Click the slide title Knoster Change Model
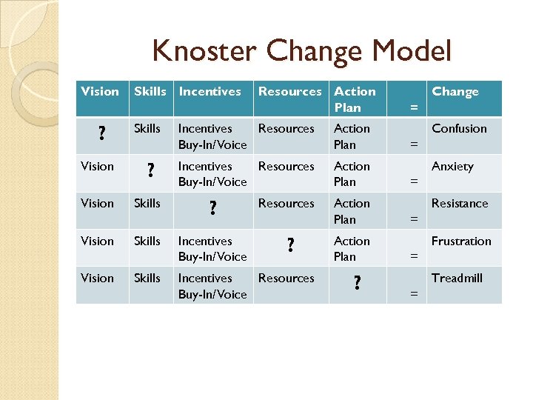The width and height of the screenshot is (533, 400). [301, 52]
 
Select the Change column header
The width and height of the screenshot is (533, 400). [455, 92]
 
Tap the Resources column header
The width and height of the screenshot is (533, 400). [289, 92]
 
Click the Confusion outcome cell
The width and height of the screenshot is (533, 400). [459, 129]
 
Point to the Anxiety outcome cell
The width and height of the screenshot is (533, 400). [452, 167]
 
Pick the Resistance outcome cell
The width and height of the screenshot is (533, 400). [460, 204]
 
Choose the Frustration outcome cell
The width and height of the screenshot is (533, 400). [461, 241]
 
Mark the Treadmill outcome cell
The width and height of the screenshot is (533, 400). [457, 279]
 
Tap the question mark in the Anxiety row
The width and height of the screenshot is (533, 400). [150, 172]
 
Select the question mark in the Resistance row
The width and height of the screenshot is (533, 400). [213, 210]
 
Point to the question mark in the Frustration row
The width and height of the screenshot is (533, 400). [290, 247]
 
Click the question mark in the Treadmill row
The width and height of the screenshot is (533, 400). [358, 284]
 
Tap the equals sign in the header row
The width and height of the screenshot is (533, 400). [414, 107]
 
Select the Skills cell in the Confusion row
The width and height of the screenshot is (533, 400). [147, 129]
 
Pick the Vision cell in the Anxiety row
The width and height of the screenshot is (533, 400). [98, 167]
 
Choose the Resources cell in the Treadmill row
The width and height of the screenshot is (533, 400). [286, 279]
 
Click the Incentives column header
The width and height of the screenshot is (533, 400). [210, 92]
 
